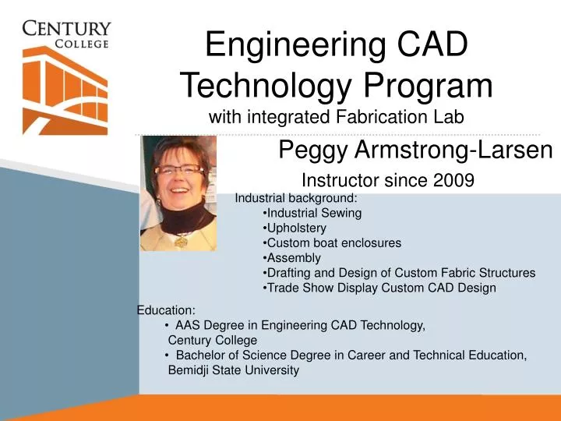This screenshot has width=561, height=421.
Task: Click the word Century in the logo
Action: [66, 30]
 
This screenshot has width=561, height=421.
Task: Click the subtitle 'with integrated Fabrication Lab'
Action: [337, 118]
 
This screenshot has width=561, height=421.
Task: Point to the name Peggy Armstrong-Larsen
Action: [415, 150]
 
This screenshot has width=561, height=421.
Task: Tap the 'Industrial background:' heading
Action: [295, 197]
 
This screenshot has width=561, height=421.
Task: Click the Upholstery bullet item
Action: [296, 228]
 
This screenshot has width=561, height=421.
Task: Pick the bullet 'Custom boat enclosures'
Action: [333, 242]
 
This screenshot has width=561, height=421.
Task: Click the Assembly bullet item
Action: [294, 258]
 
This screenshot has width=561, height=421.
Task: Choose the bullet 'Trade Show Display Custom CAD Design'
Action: [381, 288]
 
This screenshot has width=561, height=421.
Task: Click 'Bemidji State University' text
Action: [233, 370]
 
